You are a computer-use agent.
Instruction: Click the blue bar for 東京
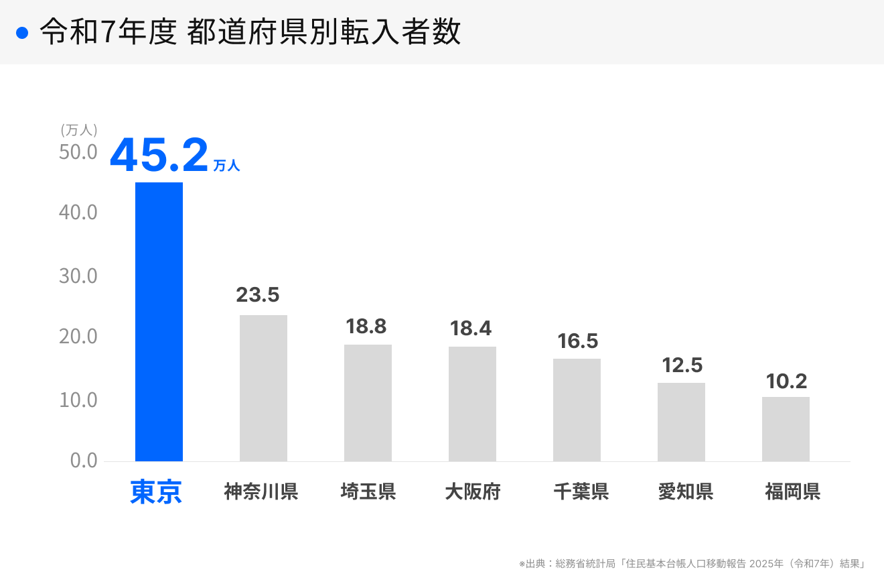(159, 322)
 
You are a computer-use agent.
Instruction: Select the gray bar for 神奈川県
(263, 388)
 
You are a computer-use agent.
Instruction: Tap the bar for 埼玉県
(368, 403)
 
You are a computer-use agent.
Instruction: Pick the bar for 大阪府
(472, 404)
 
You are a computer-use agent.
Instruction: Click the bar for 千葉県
(577, 410)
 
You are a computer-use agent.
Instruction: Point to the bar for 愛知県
(681, 422)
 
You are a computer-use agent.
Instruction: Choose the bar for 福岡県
(786, 429)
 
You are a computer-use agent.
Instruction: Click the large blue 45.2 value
(159, 156)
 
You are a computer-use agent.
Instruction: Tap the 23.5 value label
(257, 295)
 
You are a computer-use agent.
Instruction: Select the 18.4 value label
(470, 329)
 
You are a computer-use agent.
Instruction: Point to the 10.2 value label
(786, 382)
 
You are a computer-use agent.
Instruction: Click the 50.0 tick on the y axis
(78, 152)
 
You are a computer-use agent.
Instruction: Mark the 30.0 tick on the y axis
(78, 276)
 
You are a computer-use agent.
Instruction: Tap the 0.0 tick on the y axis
(84, 461)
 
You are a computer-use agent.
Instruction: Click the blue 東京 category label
(156, 492)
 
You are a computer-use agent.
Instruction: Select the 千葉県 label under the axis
(581, 492)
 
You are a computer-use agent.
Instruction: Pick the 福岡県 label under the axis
(792, 492)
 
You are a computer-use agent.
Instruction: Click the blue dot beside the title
(22, 33)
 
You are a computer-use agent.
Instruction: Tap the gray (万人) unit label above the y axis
(79, 129)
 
